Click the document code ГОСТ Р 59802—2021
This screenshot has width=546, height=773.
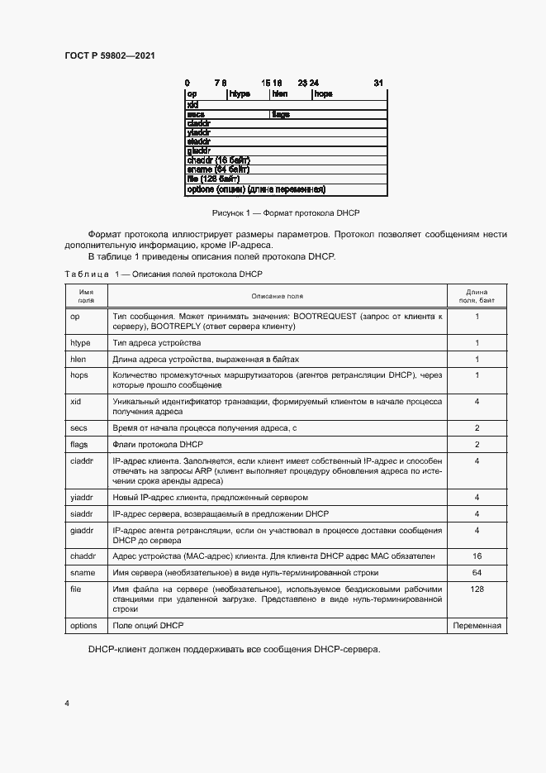click(x=109, y=55)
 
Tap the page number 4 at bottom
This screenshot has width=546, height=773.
click(x=67, y=703)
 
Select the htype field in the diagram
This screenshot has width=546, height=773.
click(x=234, y=94)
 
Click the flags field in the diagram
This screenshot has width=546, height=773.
click(x=281, y=115)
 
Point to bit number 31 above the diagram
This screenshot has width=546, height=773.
click(x=378, y=84)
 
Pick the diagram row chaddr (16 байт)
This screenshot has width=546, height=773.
click(x=219, y=159)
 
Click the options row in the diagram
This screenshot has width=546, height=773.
click(x=255, y=189)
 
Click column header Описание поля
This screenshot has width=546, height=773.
click(x=277, y=296)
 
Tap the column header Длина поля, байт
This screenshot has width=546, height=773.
click(x=477, y=296)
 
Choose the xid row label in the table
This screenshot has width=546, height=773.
click(x=75, y=401)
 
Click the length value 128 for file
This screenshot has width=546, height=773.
click(x=477, y=589)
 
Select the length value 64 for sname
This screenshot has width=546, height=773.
click(x=477, y=572)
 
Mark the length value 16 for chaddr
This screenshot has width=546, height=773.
click(x=477, y=556)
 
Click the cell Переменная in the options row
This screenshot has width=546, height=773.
click(x=477, y=626)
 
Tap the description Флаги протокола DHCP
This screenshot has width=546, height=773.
click(x=151, y=444)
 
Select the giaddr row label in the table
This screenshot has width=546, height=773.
click(x=81, y=530)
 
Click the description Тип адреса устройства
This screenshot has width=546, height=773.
click(x=156, y=343)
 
